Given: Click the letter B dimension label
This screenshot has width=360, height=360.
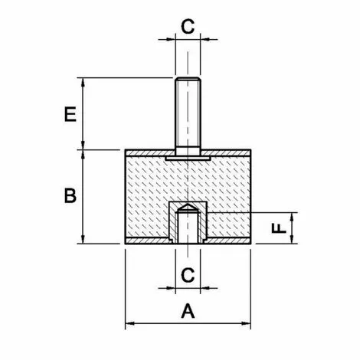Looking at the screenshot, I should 69,196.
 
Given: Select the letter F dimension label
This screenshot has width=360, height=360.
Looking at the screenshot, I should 280,227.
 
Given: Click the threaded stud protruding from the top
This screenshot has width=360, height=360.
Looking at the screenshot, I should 187,115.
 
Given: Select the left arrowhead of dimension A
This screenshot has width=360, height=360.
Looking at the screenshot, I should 129,322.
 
